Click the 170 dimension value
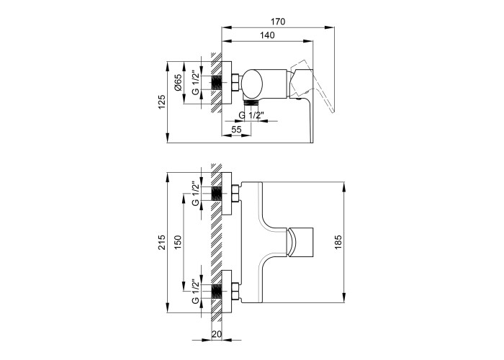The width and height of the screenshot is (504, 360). coord(278,22)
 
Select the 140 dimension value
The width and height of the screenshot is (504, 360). coord(267,35)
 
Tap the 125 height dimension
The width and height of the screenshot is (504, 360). coord(162,102)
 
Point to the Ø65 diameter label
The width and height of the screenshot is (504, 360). coord(178,82)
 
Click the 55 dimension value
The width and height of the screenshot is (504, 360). coord(236,129)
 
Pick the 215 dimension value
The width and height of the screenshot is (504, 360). coord(162,243)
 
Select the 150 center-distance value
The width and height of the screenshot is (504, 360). coord(178,243)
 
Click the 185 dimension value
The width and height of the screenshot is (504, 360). coord(338,243)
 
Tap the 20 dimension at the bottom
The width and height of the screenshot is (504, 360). coord(217,334)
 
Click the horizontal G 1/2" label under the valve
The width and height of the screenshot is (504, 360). coord(252,114)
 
